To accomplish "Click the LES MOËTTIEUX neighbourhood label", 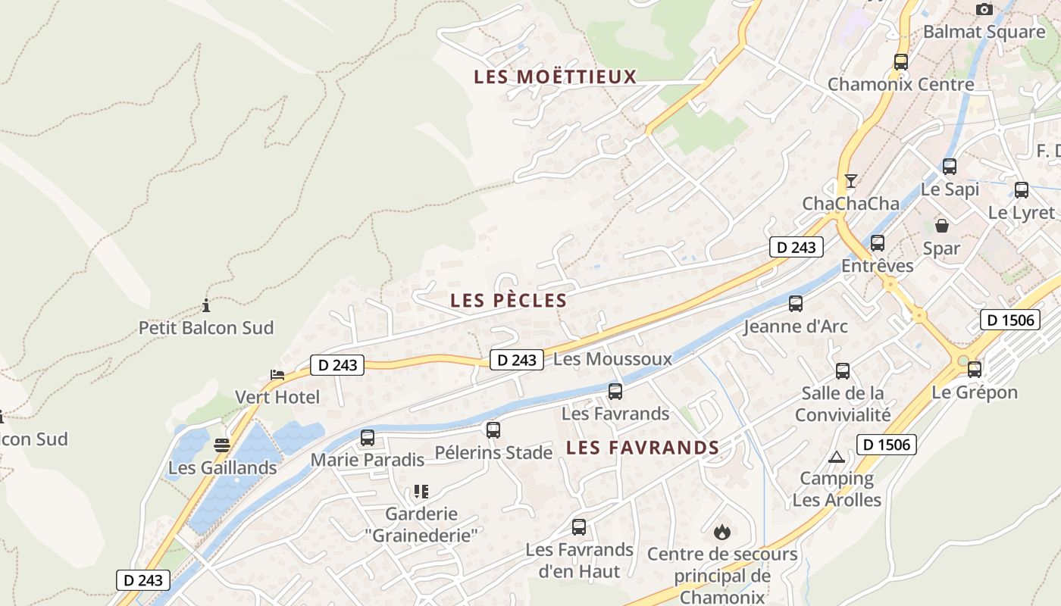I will tap(555, 77).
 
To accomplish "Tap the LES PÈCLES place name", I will tap(509, 300).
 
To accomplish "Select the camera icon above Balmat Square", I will tap(984, 9).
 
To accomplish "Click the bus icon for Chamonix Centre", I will tap(901, 62).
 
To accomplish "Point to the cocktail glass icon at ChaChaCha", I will tap(851, 181).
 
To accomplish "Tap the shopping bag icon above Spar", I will tap(941, 226).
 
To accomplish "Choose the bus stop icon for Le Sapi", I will tap(950, 167).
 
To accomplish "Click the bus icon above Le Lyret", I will tap(1022, 190).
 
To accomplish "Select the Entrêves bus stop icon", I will tap(878, 243).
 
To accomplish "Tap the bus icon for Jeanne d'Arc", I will tap(796, 304).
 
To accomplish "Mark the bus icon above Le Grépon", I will tap(975, 370).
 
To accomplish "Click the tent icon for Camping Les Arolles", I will tap(837, 457).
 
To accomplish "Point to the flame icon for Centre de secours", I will tap(722, 532).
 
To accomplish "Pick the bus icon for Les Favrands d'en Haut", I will tap(579, 527).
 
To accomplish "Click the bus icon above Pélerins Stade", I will tap(493, 430).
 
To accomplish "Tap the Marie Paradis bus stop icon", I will tap(368, 438).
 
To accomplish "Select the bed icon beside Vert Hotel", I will tap(277, 374).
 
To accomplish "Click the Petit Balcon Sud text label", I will tap(206, 328).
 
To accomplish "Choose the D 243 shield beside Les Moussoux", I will tap(517, 360).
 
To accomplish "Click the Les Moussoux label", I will tap(612, 359).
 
